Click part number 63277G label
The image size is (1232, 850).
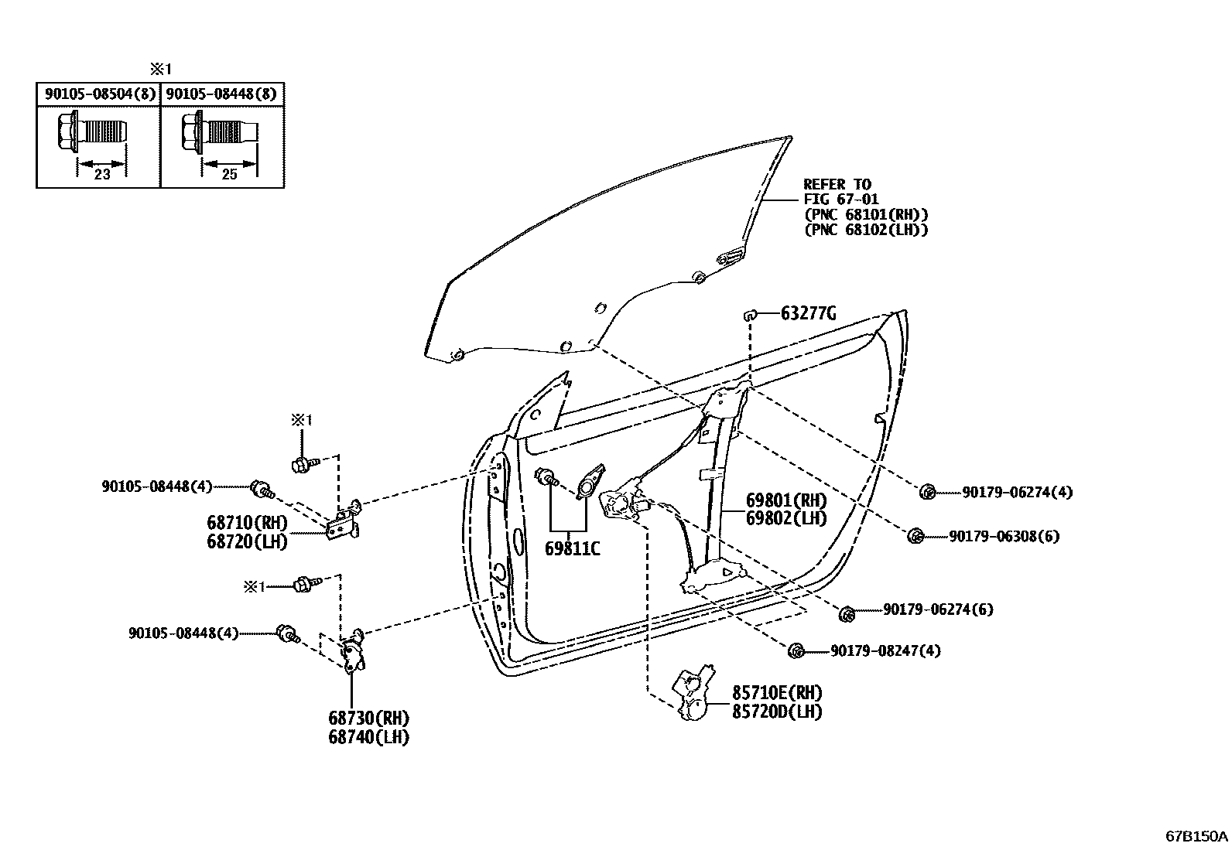tap(808, 313)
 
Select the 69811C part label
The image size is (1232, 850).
tap(572, 549)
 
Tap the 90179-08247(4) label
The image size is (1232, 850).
tap(885, 651)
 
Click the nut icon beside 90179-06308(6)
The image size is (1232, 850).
tap(915, 535)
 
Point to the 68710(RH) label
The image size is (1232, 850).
tap(247, 522)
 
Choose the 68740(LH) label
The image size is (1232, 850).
tap(368, 737)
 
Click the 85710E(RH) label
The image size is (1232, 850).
tap(777, 692)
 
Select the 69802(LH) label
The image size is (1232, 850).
tap(786, 518)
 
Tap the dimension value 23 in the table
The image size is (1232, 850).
tap(101, 175)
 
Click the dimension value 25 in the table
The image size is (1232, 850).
tap(229, 175)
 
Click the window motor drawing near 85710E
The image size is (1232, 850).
tap(695, 695)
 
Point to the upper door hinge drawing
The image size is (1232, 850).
tap(346, 521)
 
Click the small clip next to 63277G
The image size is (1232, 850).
tap(749, 314)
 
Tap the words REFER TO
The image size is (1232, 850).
tap(837, 184)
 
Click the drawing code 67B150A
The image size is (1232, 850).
tap(1196, 836)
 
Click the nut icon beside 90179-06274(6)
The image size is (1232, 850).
tap(847, 614)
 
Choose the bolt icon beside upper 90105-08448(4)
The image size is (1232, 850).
tap(262, 489)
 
